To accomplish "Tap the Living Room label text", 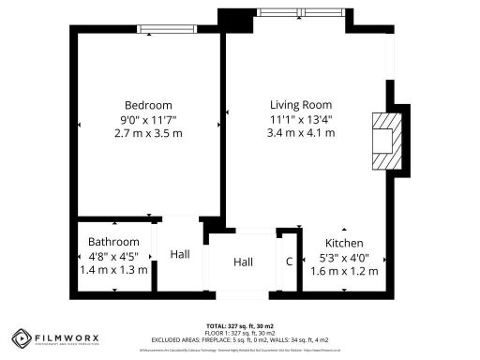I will tap(302, 105).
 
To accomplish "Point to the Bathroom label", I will tap(113, 242).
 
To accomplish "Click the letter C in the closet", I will tap(289, 261).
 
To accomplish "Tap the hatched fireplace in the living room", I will tap(382, 141).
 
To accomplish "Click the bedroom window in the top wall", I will tap(167, 29).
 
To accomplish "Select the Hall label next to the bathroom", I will tap(180, 254).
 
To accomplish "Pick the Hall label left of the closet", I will tap(244, 262).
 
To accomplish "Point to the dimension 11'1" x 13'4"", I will tap(302, 119).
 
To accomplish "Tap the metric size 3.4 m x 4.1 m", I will tap(302, 133).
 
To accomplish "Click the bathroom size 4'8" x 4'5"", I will tap(113, 256).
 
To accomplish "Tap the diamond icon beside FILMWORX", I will tap(22, 338).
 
